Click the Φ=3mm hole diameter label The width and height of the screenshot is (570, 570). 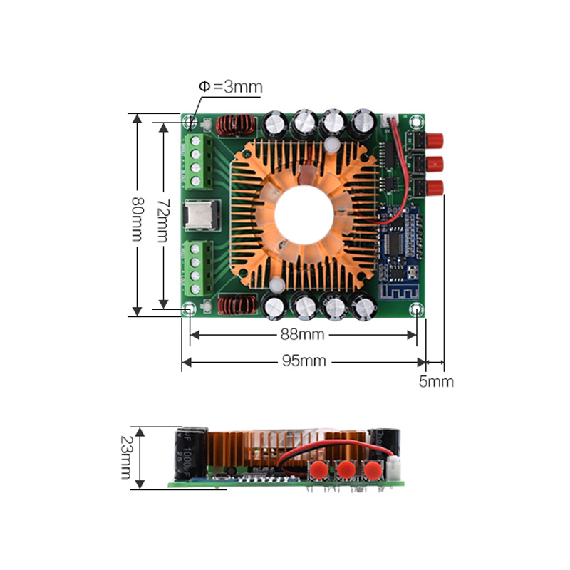coord(230,87)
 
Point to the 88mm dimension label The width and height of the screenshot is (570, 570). coord(301,334)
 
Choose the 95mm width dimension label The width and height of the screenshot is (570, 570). coord(303,361)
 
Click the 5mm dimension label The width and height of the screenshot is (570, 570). coord(435,382)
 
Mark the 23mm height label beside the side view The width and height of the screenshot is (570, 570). coord(126,457)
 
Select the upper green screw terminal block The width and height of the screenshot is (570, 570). coord(199,161)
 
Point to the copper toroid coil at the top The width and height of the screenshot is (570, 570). coord(236,126)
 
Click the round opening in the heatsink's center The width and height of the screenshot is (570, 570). coord(304,213)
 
